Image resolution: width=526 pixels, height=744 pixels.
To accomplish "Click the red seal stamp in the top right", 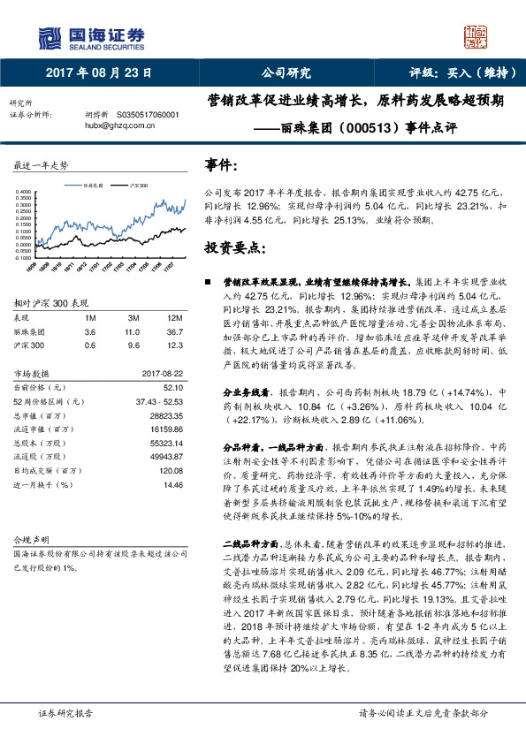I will (x=476, y=36).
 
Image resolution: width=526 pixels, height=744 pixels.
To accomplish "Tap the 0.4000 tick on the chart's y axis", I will (x=24, y=191).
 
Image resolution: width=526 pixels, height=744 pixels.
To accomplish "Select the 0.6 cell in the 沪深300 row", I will (x=89, y=345).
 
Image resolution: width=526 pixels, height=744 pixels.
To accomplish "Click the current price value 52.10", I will (x=174, y=387).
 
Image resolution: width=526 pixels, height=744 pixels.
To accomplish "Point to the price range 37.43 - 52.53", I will (x=160, y=401).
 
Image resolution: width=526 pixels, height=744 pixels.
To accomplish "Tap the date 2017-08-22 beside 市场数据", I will (x=163, y=373).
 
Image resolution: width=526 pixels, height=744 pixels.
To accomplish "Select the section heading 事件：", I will (x=221, y=165).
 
